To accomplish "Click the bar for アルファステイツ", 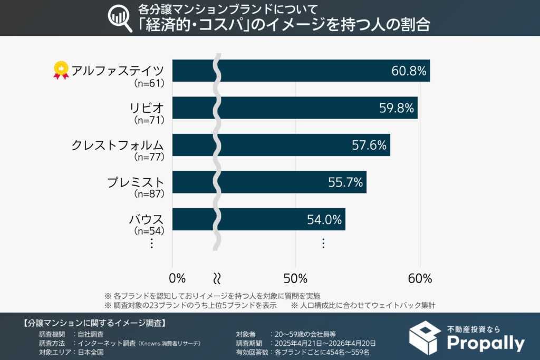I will coord(301,71).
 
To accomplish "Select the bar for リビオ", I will coord(295,108).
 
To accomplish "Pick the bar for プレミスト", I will coord(269,182).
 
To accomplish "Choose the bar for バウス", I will coord(258,219).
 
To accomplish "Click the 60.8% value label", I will coord(409,71).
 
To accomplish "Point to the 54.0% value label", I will coord(325,220).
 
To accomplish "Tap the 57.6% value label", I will coord(369,145).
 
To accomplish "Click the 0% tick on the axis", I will coord(178,278).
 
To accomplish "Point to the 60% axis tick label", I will coord(420,278).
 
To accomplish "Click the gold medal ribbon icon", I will coord(61,71).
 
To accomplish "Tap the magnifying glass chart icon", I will coord(120,18).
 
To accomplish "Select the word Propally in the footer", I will coord(486,343).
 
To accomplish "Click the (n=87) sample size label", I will coord(149,194).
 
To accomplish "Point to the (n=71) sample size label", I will coord(149,120).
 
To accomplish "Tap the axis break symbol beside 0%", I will coord(217,278).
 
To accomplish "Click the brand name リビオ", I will coord(147,108).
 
